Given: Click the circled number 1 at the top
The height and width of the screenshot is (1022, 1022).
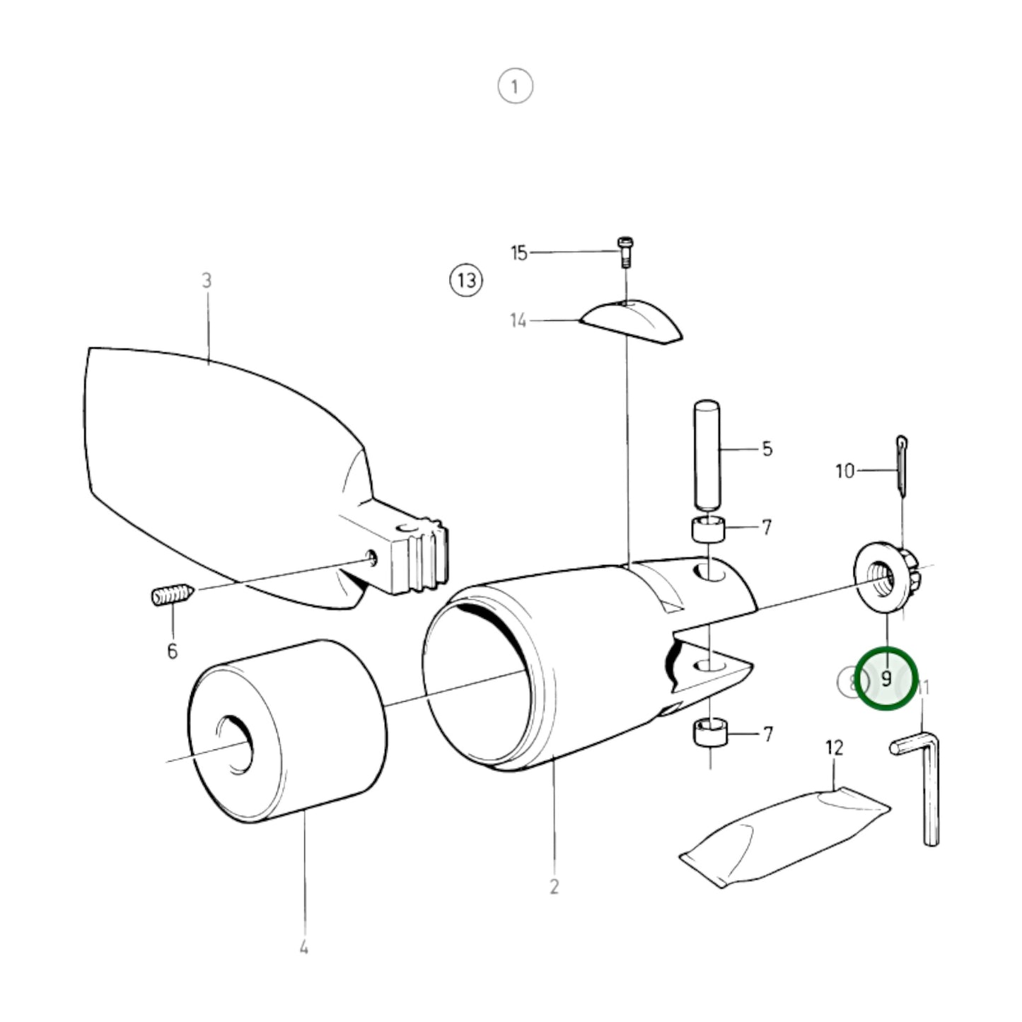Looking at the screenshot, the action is tap(515, 86).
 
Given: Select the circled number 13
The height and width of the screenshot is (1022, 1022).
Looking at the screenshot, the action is tap(466, 279).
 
